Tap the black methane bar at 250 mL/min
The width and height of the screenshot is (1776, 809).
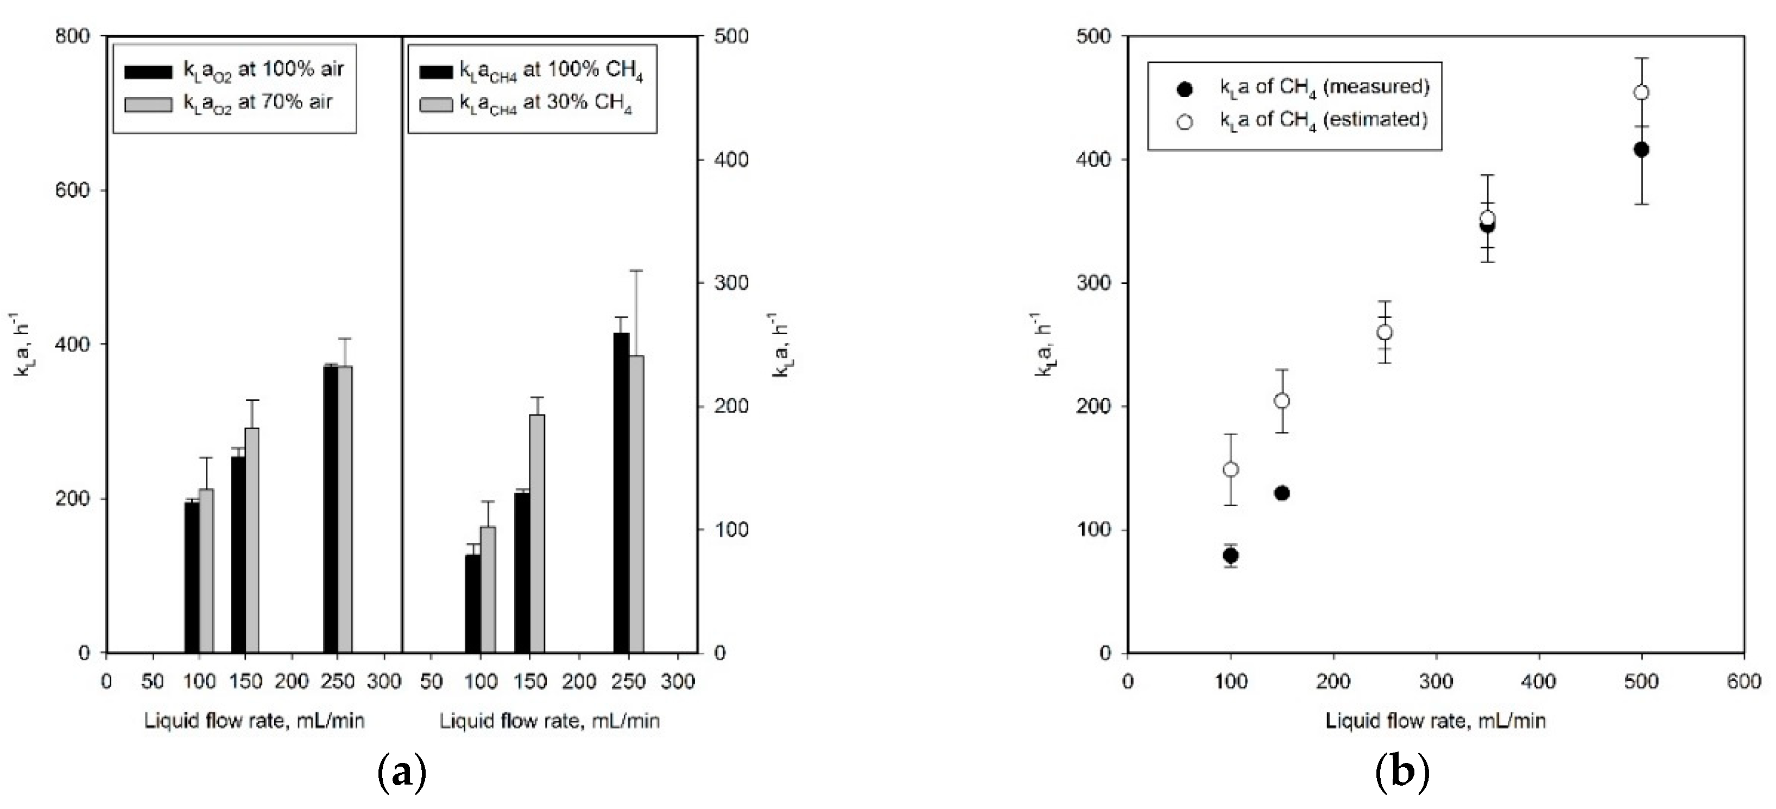point(621,492)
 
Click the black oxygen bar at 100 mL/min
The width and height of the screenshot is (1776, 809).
point(192,577)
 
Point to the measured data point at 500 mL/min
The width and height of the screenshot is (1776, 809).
point(1641,150)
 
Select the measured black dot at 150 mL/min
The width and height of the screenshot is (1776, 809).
point(1282,493)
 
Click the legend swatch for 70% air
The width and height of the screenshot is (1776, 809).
point(148,104)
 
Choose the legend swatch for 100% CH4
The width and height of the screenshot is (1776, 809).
point(437,72)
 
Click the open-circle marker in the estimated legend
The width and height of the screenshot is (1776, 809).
point(1185,122)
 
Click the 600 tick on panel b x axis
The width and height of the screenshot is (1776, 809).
point(1743,681)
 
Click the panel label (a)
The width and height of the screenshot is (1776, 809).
point(403,773)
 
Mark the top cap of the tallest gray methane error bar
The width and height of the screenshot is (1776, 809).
point(636,271)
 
